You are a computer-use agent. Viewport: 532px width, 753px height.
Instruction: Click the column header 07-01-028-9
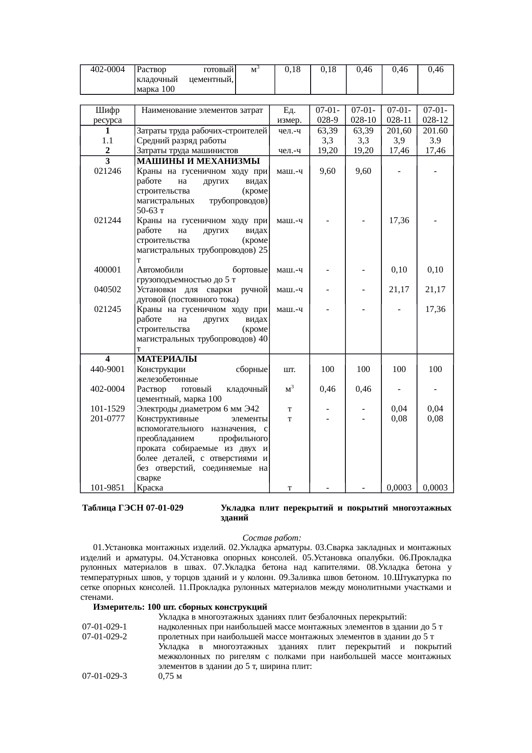327,115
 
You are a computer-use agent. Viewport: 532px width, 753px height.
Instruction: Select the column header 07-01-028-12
435,115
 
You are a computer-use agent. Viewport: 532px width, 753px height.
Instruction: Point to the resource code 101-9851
107,487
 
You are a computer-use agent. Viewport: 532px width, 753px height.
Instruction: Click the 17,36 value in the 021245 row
435,309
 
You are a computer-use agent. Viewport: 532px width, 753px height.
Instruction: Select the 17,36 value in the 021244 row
399,221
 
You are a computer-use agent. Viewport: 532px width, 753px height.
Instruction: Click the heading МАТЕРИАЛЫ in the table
167,359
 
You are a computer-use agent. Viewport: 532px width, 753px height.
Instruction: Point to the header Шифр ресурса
107,115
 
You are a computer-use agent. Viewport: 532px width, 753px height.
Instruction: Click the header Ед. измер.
290,115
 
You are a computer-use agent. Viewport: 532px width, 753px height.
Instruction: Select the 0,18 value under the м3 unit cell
292,70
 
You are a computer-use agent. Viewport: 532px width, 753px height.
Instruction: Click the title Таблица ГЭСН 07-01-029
133,508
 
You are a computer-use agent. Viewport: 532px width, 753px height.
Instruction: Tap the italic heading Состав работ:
272,538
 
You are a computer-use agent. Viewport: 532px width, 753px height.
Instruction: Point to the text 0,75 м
170,677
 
